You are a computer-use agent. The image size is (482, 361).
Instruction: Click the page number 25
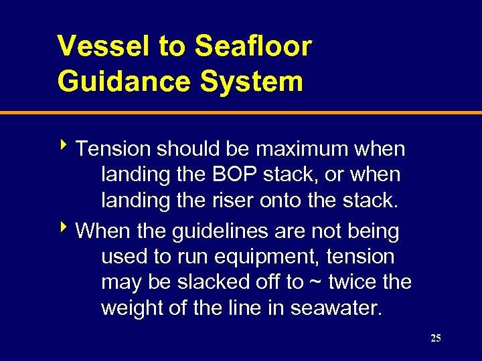(436, 339)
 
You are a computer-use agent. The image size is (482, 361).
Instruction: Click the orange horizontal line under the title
(241, 113)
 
